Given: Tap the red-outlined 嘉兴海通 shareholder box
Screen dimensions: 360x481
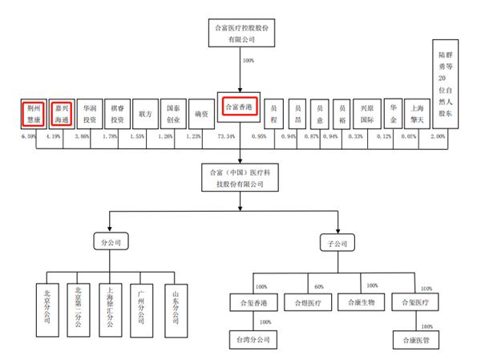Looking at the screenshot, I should point(63,114).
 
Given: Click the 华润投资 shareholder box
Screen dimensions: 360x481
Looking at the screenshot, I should point(90,114).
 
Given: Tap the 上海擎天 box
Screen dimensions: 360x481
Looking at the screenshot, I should point(417,114).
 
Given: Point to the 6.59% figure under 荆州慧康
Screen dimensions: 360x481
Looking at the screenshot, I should point(29,137).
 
